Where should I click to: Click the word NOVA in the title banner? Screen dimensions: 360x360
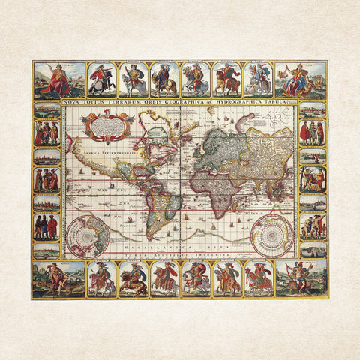coord(73,103)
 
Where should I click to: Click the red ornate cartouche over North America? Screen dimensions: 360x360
coord(105,125)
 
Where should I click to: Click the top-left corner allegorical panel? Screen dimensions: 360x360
coord(58,80)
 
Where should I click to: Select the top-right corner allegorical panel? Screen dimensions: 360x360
coord(301,80)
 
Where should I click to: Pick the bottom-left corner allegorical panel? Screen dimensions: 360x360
coord(58,278)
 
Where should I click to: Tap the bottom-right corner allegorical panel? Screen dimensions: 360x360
coord(301,278)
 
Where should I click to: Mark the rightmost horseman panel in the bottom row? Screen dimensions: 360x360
coord(258,278)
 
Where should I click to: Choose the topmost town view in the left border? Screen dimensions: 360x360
coord(46,110)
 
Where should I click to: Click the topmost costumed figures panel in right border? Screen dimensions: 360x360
coord(313,133)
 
